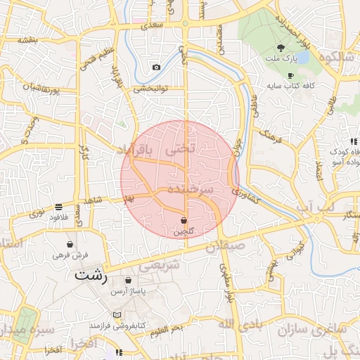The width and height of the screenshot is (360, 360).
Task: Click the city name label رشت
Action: [x=92, y=275]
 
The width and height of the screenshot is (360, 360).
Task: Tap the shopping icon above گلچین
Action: [x=184, y=220]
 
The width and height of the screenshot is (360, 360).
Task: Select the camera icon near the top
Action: [x=156, y=67]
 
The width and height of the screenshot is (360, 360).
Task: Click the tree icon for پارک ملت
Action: [x=281, y=49]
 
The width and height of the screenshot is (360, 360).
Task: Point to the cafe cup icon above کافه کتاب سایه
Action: [x=290, y=75]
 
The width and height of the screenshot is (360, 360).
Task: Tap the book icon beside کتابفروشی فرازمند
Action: [x=117, y=314]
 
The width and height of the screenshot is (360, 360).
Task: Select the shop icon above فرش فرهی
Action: [x=70, y=244]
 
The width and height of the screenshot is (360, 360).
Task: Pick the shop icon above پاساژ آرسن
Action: [x=128, y=280]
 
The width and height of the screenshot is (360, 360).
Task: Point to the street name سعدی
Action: [x=151, y=25]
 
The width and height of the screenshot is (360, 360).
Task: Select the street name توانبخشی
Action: [x=152, y=89]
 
